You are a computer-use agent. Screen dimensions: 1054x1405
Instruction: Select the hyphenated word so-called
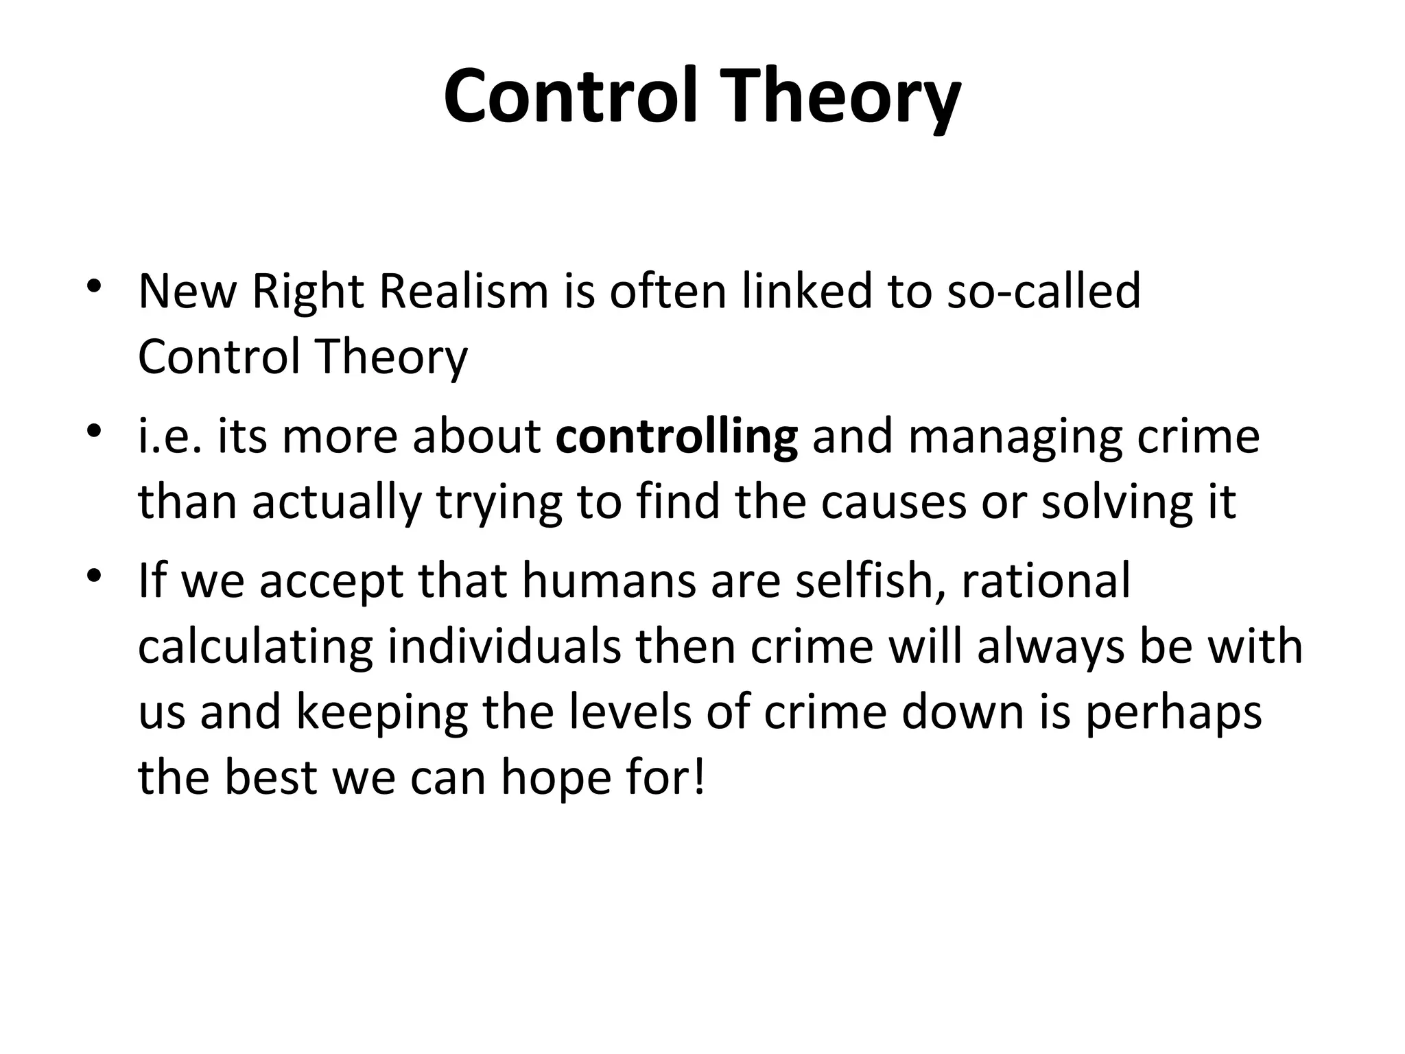point(1043,291)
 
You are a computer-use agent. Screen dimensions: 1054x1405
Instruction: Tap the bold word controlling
point(676,436)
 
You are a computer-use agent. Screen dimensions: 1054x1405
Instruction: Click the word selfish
point(871,580)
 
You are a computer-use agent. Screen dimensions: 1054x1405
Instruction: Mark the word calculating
point(255,647)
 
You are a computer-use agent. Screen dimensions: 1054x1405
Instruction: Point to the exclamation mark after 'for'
point(699,777)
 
